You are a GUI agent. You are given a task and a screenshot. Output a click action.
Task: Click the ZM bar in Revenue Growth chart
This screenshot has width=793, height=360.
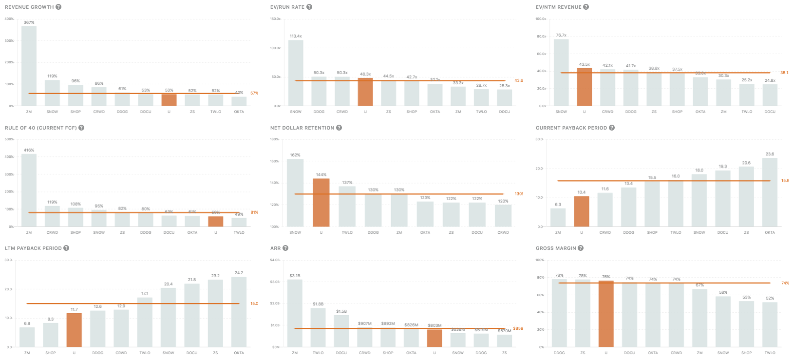(29, 66)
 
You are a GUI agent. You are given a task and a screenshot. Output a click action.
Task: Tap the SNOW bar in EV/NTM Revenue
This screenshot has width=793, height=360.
(561, 72)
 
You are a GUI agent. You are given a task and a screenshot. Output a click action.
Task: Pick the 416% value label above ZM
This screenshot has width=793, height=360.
(29, 150)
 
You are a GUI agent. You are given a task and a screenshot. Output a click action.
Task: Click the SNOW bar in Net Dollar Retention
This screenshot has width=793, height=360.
(295, 192)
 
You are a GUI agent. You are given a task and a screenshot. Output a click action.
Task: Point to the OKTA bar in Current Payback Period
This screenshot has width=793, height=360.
(770, 192)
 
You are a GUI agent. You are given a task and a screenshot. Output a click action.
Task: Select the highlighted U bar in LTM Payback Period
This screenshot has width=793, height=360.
(74, 330)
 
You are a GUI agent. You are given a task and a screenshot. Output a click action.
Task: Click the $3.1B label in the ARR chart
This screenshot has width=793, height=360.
(295, 276)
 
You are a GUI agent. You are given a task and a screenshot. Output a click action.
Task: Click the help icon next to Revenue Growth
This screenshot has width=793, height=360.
(58, 7)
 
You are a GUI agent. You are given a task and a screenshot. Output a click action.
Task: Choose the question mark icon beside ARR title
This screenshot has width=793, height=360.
(285, 248)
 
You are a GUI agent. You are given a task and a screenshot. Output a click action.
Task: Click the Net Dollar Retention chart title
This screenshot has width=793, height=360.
(302, 128)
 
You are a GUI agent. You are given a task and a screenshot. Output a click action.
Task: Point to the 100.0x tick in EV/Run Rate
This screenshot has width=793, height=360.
(275, 48)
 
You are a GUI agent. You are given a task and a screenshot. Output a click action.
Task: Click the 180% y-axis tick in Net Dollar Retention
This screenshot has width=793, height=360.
(274, 139)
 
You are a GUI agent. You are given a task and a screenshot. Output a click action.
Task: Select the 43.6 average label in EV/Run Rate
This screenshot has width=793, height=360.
(519, 80)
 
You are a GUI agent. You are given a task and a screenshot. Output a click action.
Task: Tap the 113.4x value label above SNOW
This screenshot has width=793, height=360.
(296, 36)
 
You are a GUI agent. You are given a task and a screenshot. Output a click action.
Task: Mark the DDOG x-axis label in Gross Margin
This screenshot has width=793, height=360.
(559, 353)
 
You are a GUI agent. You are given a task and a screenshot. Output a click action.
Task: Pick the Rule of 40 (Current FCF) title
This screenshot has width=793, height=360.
(41, 128)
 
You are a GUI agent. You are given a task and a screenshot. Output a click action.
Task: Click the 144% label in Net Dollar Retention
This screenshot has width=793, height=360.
(321, 174)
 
